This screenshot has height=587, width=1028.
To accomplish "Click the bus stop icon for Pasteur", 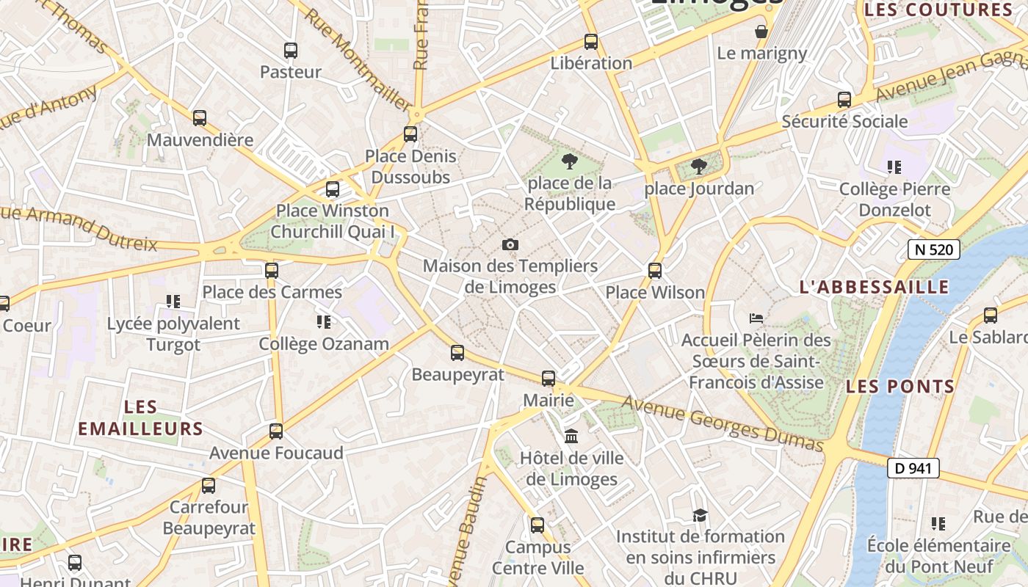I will pyautogui.click(x=291, y=51).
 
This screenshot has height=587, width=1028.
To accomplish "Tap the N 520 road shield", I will pyautogui.click(x=934, y=249).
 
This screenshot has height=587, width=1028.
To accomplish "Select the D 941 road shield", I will pyautogui.click(x=913, y=467).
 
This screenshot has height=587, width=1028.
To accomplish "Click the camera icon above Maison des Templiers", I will pyautogui.click(x=510, y=244).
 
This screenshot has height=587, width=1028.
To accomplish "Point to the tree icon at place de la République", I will pyautogui.click(x=569, y=161).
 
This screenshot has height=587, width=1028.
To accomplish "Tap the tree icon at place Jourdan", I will pyautogui.click(x=699, y=167).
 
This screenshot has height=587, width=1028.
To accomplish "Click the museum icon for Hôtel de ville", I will pyautogui.click(x=571, y=437).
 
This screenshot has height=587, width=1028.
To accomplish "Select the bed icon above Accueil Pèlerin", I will pyautogui.click(x=756, y=318).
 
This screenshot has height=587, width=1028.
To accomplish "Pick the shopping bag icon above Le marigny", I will pyautogui.click(x=761, y=32).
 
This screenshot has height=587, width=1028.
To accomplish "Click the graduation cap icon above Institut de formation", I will pyautogui.click(x=700, y=515).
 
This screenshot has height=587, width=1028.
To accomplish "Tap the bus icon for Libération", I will pyautogui.click(x=591, y=42).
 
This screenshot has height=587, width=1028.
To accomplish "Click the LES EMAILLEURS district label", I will pyautogui.click(x=140, y=418).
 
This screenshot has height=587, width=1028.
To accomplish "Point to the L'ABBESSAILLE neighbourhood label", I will pyautogui.click(x=874, y=287).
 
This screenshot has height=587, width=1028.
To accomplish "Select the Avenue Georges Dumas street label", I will pyautogui.click(x=723, y=424).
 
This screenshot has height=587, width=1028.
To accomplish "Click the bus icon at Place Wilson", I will pyautogui.click(x=655, y=271).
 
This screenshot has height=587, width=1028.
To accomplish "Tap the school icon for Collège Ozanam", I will pyautogui.click(x=323, y=322).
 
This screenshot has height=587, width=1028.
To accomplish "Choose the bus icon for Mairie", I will pyautogui.click(x=549, y=379).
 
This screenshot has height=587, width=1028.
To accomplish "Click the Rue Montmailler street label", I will pyautogui.click(x=357, y=60).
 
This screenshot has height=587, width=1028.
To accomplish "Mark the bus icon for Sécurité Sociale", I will pyautogui.click(x=844, y=100).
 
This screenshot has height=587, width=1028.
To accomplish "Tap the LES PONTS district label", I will pyautogui.click(x=900, y=386).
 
